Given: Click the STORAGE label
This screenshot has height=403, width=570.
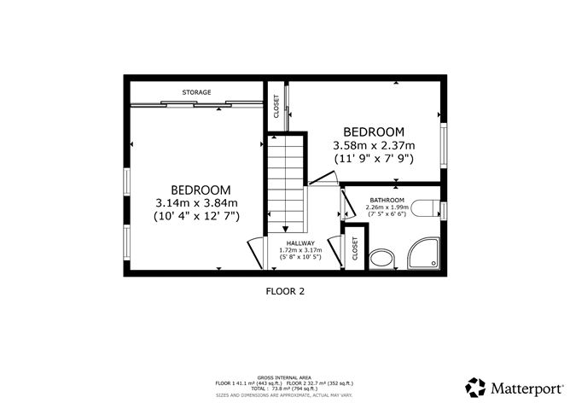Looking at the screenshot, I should tap(196, 92).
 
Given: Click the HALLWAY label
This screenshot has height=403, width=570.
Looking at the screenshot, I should tap(300, 242).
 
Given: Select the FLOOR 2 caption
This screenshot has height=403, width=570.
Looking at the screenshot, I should tap(285, 291).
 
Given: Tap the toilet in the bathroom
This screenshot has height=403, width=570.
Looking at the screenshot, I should tap(423, 207).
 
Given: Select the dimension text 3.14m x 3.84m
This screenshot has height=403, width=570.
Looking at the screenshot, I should tap(196, 203).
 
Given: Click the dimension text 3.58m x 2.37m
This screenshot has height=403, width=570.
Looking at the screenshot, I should tap(373, 146).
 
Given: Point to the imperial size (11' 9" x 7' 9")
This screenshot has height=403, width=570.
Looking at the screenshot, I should tap(373, 159).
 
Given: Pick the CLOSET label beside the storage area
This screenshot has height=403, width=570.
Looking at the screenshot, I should tap(276, 106).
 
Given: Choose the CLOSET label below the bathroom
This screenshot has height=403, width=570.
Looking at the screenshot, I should tap(356, 249).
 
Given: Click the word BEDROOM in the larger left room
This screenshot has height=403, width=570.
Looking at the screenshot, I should tap(201, 190).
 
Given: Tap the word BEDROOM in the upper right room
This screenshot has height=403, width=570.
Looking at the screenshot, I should tap(373, 132).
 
